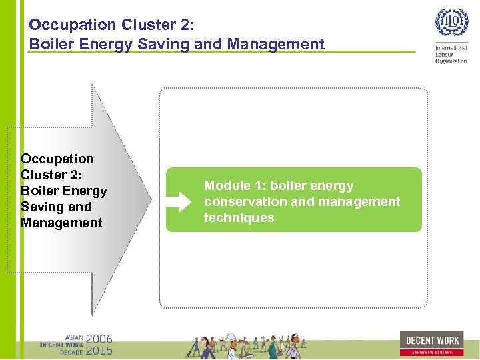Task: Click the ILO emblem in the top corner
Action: [451, 23]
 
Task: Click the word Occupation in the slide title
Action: [73, 25]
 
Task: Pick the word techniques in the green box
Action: [239, 217]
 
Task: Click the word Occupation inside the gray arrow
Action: [57, 159]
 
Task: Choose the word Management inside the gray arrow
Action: [61, 223]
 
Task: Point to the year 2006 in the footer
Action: [99, 339]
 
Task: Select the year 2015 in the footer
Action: [99, 350]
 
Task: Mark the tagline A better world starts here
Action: [431, 352]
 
